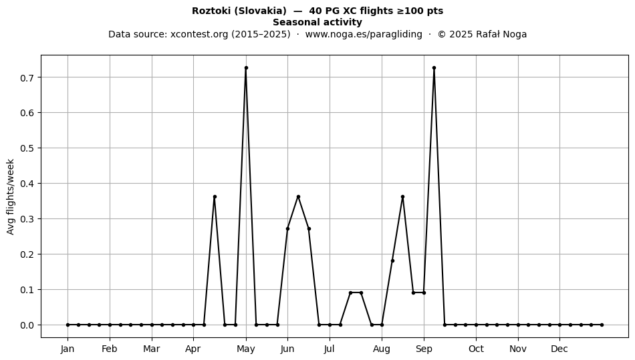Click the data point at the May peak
coord(246,68)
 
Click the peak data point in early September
coord(434,68)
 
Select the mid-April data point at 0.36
coord(215,196)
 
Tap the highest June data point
coord(298,196)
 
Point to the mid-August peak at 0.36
coord(402,196)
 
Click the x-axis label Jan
coord(68,349)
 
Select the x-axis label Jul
coord(330,349)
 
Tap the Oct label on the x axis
coord(476,349)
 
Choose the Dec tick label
coord(559,349)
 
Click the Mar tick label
coord(152,349)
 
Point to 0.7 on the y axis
coord(27,77)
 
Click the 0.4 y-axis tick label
coord(27,184)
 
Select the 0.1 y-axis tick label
coord(27,290)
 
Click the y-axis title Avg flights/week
coord(11,196)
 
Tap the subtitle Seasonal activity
coord(317,22)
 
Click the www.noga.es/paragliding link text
coord(364,34)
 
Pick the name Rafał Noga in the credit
coord(501,34)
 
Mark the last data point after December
coord(602,325)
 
